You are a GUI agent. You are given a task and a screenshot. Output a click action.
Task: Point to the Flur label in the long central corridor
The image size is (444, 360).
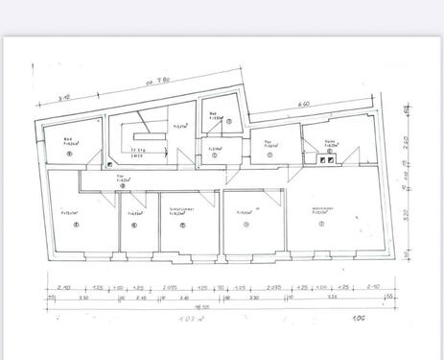click(x=122, y=177)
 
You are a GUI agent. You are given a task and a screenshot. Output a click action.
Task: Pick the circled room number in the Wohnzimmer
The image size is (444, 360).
click(x=322, y=225)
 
